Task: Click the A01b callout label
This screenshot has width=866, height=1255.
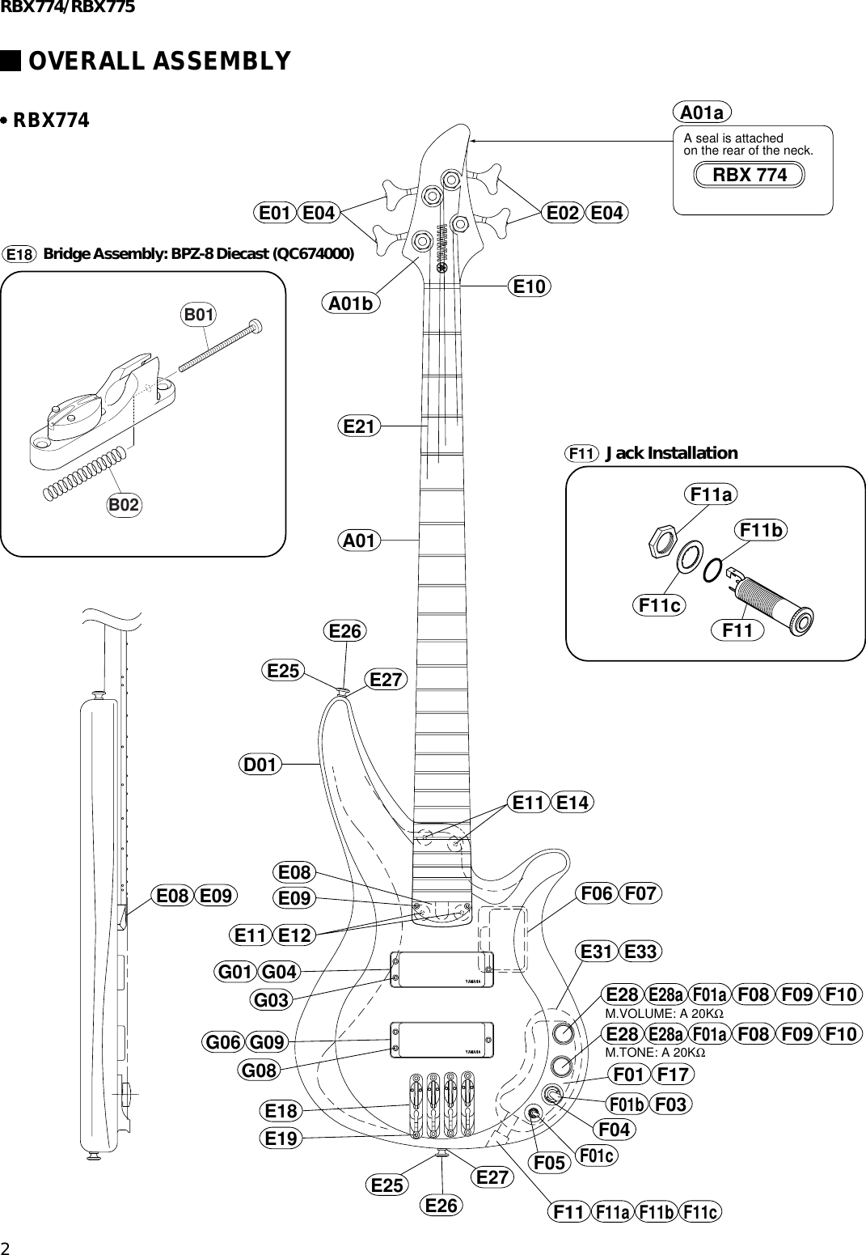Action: tap(353, 304)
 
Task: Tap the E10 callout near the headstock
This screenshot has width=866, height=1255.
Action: tap(530, 286)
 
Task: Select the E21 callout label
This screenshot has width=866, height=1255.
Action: tap(358, 426)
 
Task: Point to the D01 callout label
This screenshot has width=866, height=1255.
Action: tap(261, 764)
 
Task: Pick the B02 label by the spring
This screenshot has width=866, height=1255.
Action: tap(125, 505)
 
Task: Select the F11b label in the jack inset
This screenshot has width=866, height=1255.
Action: tap(762, 531)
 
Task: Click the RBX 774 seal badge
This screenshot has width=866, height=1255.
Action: tap(750, 175)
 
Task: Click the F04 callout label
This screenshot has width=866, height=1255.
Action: tap(614, 1128)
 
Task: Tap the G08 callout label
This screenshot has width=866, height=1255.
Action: tap(260, 1071)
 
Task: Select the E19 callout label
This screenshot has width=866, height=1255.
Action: tap(282, 1138)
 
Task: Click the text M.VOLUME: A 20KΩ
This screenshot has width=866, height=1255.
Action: tap(664, 1014)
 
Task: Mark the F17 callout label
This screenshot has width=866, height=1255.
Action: tap(673, 1075)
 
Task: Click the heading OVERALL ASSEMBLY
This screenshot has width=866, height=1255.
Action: tap(159, 61)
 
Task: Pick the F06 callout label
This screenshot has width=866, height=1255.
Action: tap(597, 894)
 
